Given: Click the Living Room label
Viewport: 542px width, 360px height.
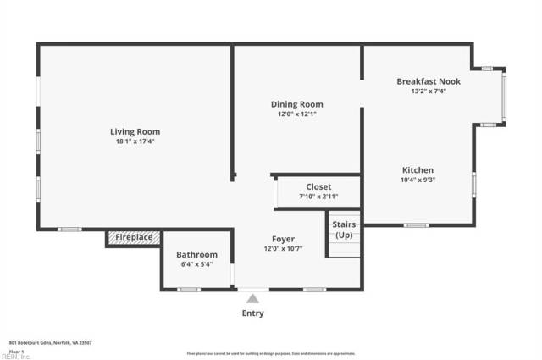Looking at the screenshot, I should [135, 131].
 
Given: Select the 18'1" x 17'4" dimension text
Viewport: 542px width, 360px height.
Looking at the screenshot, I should [135, 141].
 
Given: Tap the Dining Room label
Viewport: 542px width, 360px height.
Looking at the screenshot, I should [296, 104].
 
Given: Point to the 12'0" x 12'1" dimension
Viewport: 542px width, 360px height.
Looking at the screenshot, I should [296, 114].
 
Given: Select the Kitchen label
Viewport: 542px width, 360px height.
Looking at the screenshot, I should [418, 169].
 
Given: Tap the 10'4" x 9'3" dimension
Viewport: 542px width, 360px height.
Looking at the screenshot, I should [418, 180].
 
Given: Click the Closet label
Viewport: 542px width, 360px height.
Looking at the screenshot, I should [318, 186].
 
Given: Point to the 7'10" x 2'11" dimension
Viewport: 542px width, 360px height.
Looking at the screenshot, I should [318, 197].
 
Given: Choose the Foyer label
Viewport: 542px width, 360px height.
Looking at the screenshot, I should [283, 238].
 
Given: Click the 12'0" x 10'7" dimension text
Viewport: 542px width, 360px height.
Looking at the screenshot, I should [283, 248].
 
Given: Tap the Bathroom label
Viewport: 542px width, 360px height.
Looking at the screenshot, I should [196, 254].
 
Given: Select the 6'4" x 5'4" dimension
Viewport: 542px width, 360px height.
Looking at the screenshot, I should [196, 264].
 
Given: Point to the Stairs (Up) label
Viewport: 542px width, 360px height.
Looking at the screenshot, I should [344, 229].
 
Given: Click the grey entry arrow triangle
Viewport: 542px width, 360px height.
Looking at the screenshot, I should [252, 297].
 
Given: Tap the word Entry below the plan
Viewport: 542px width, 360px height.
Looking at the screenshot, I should [252, 313].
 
